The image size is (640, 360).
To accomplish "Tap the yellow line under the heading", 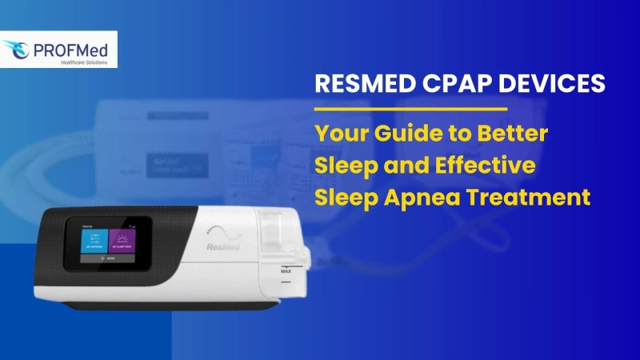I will tap(410, 108).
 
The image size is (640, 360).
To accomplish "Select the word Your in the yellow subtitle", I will tap(338, 132).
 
